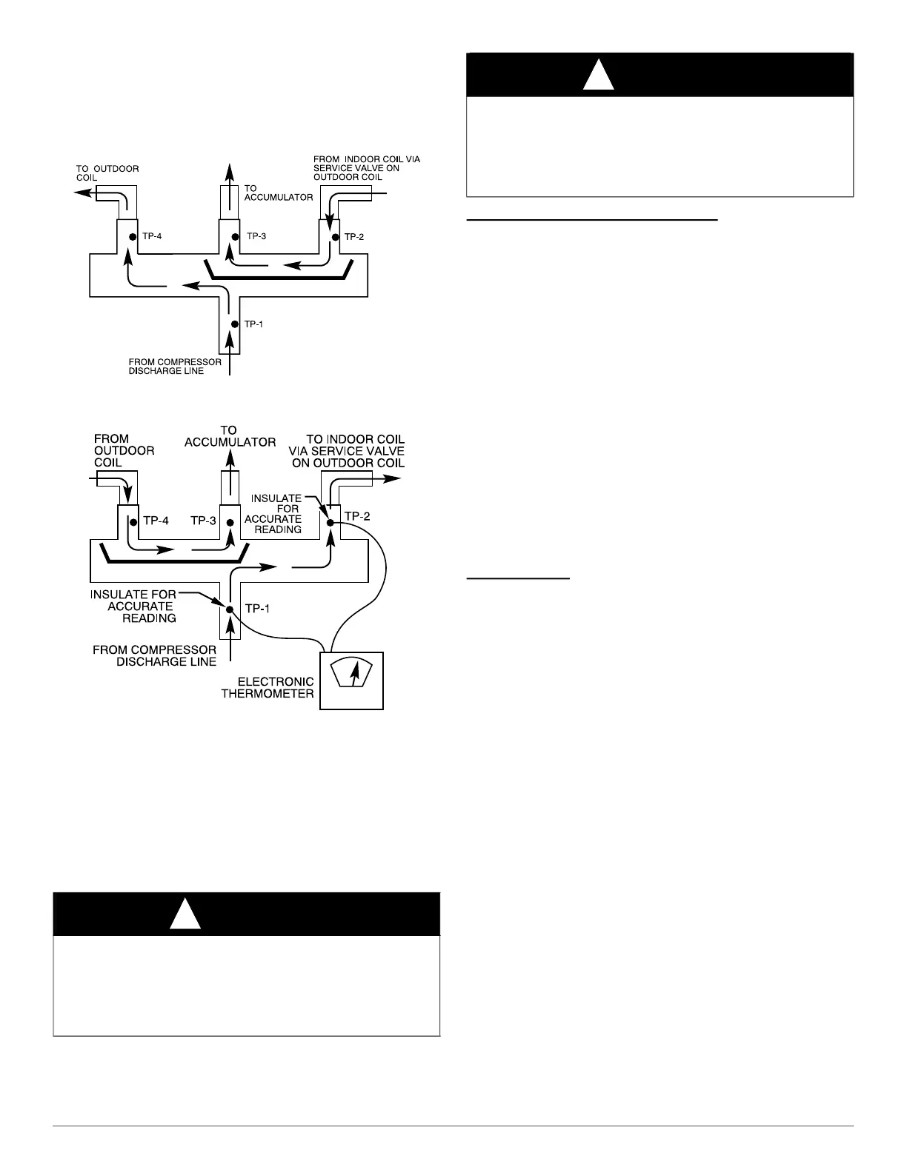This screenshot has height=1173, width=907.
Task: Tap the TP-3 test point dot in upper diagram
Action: [x=235, y=237]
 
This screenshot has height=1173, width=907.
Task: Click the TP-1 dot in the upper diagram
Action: [x=233, y=324]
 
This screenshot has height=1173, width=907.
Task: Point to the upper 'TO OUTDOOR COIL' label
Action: [x=107, y=173]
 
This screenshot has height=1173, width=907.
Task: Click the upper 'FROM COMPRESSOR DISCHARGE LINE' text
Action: [x=175, y=367]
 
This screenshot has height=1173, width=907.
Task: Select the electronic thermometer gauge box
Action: [x=351, y=680]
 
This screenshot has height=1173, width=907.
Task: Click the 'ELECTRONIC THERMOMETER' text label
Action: [x=268, y=687]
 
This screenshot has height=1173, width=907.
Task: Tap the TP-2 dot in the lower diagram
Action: [x=330, y=523]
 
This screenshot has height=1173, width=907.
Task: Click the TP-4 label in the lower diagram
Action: [x=156, y=521]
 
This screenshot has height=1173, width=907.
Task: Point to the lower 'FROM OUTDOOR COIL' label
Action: [x=123, y=450]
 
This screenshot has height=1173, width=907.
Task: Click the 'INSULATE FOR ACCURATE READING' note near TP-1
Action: [x=133, y=606]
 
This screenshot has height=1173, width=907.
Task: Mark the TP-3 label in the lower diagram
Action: [x=203, y=521]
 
